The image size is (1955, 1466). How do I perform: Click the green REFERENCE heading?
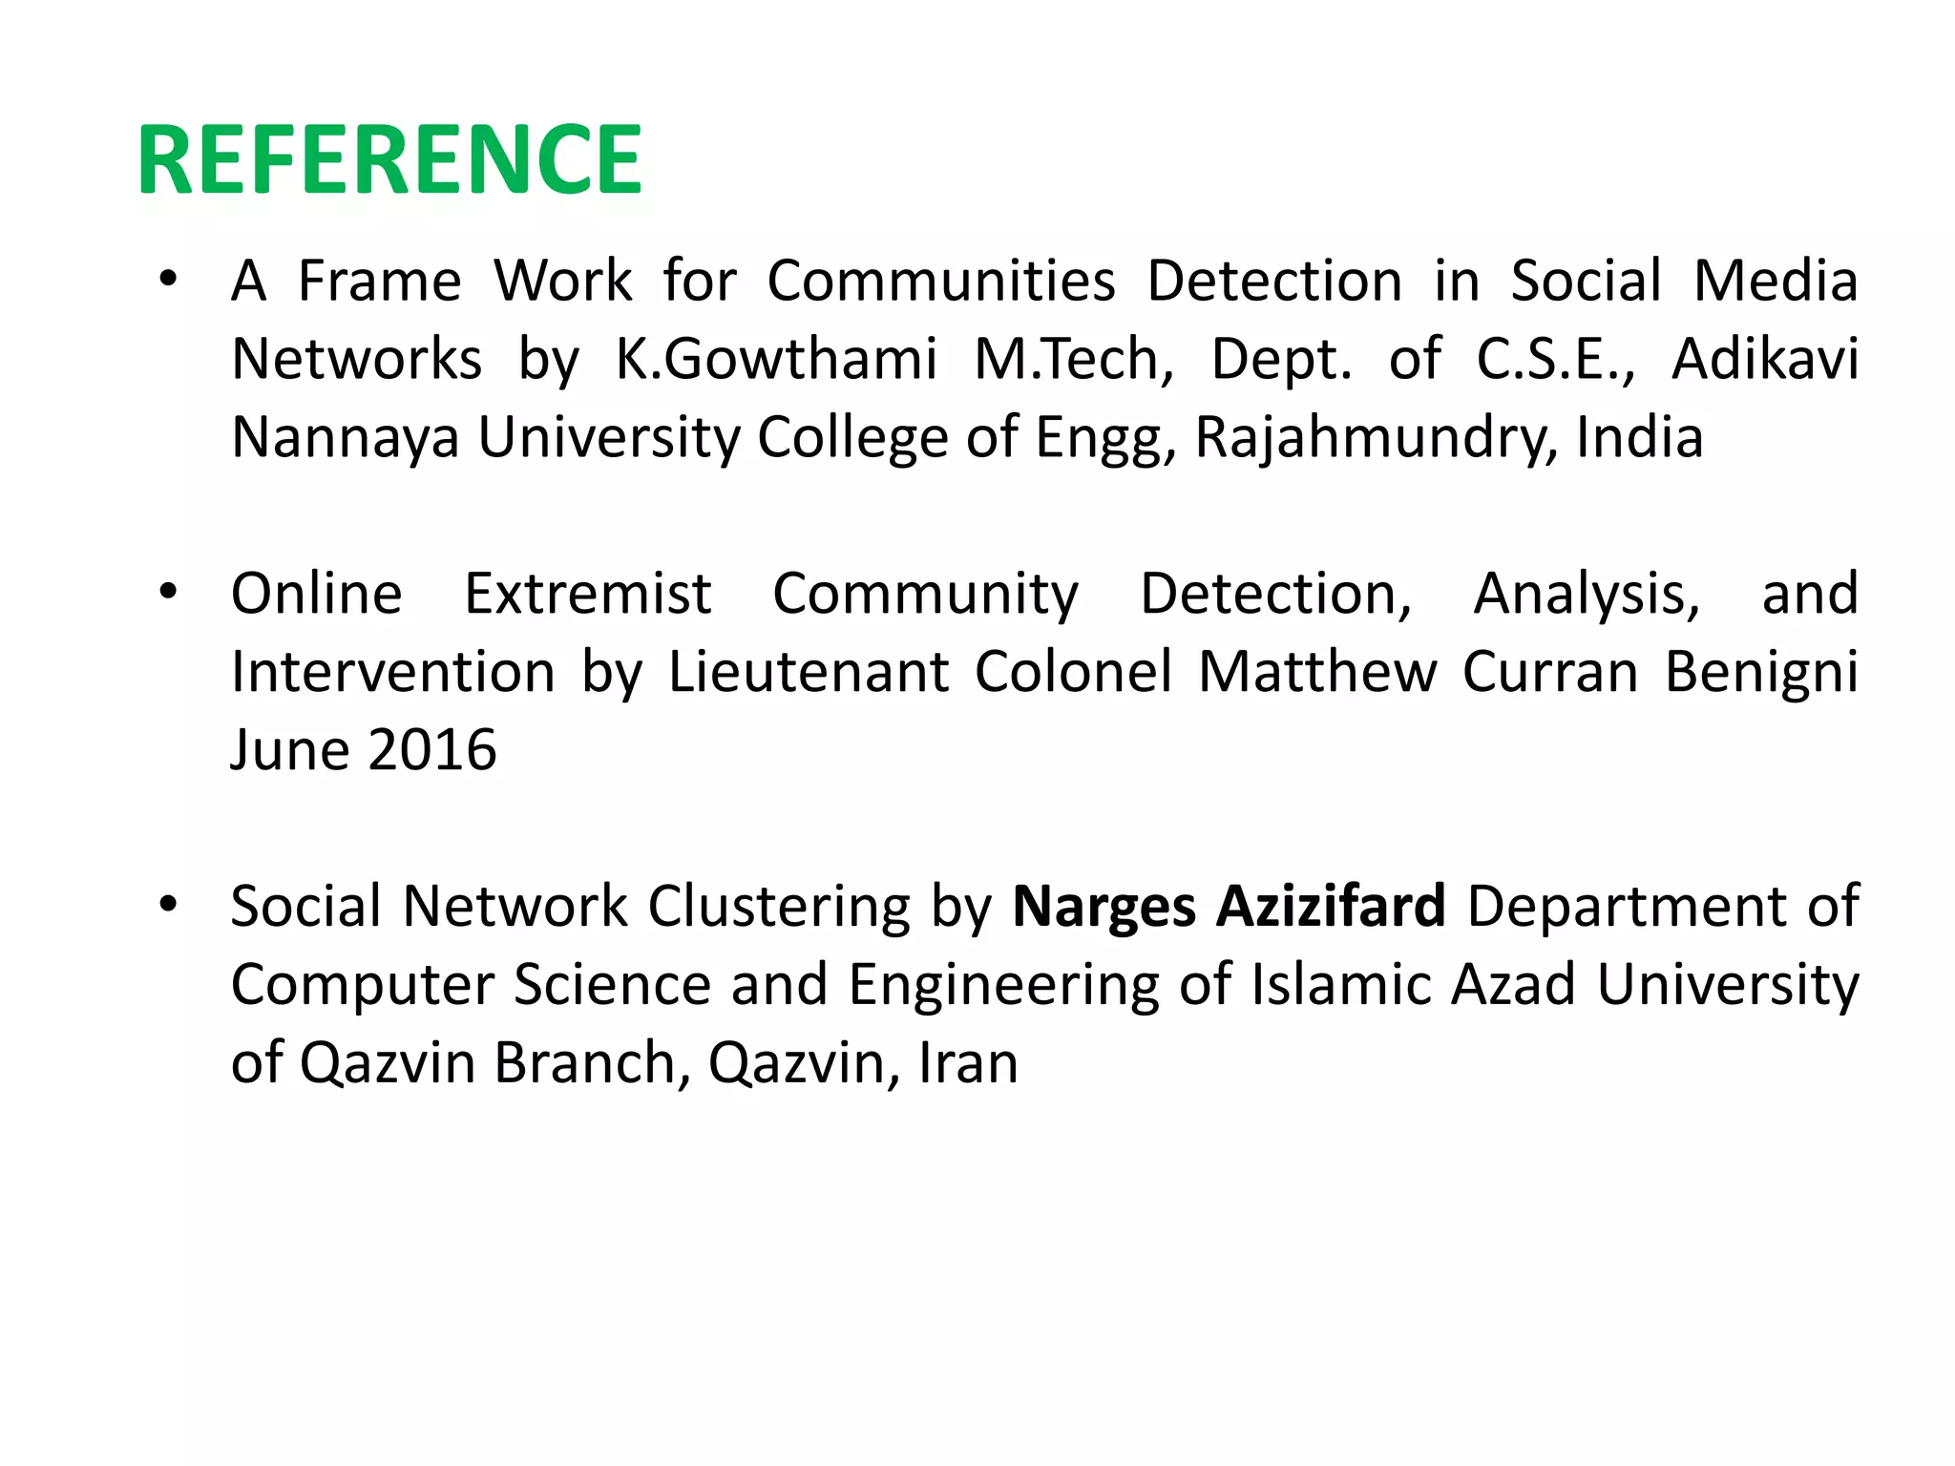[x=389, y=159]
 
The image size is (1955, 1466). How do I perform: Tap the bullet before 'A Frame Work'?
[x=169, y=281]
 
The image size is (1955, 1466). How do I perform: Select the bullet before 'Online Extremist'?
[x=169, y=593]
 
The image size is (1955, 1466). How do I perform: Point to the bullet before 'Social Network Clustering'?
[x=169, y=905]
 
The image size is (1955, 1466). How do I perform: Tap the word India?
[x=1639, y=438]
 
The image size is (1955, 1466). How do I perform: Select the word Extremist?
[x=587, y=594]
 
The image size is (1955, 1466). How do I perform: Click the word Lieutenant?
[x=808, y=672]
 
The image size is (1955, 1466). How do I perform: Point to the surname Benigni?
[x=1761, y=672]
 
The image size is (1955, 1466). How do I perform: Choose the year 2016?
[x=432, y=750]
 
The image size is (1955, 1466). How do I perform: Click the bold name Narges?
[x=1103, y=907]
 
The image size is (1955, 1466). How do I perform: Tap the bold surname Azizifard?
[x=1331, y=906]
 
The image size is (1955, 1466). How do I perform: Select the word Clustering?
[x=779, y=907]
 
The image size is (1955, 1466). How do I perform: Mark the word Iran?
[x=968, y=1062]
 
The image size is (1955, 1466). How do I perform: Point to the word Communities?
[x=941, y=282]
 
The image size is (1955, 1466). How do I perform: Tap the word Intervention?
[x=392, y=672]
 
